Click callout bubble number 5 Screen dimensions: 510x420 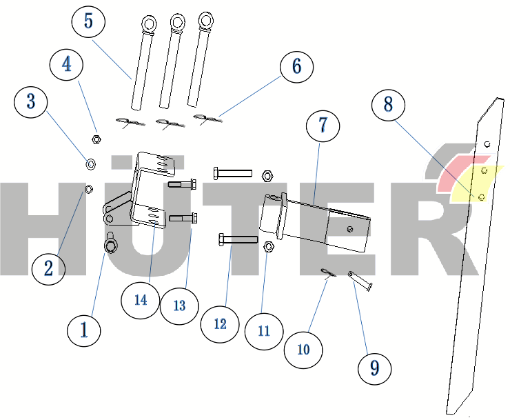(x=88, y=21)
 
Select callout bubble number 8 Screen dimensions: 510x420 (x=388, y=105)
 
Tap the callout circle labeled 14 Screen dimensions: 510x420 (x=140, y=299)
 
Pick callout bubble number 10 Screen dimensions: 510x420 (x=303, y=350)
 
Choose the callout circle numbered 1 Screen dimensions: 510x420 (x=84, y=330)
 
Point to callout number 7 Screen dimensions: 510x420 (x=323, y=126)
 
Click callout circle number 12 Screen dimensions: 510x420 (x=220, y=324)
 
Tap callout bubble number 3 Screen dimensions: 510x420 (x=31, y=101)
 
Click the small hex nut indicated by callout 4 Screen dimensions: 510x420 (x=96, y=139)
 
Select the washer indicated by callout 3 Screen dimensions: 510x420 (x=90, y=163)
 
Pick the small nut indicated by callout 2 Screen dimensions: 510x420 (x=88, y=189)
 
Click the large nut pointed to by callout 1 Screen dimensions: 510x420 (x=110, y=246)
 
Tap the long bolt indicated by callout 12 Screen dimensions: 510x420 (x=238, y=240)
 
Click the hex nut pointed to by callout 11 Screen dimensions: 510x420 (x=268, y=247)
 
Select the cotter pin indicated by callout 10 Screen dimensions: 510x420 (x=328, y=273)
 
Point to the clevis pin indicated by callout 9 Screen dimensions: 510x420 (x=360, y=281)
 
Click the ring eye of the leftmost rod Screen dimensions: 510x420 (x=150, y=24)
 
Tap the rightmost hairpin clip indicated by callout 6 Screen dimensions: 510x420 (x=207, y=119)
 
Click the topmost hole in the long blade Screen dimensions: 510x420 (x=487, y=144)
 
